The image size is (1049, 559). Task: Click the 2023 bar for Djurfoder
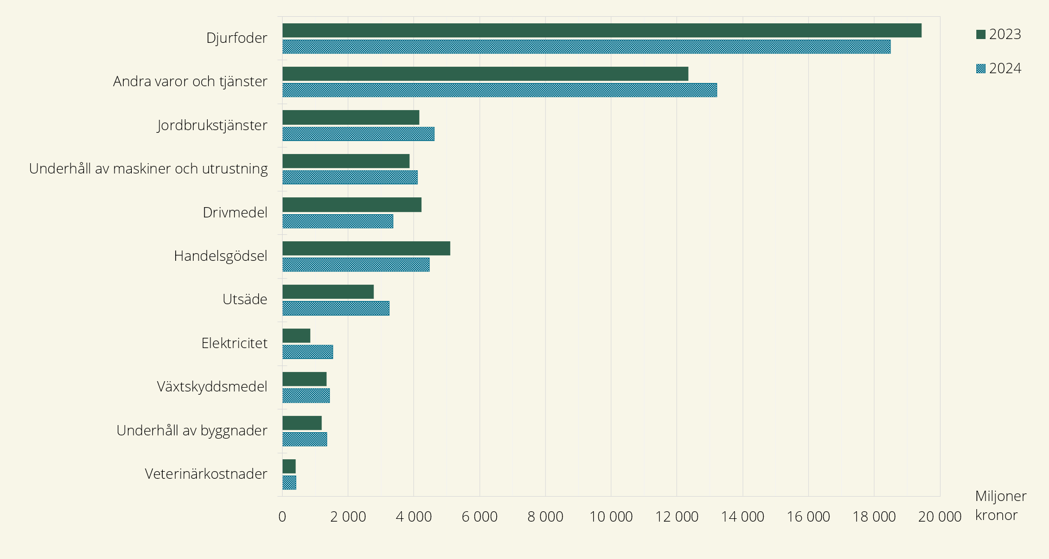pos(602,30)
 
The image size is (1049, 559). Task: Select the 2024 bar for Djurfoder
pos(586,47)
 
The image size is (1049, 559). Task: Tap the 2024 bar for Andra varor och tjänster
pos(500,90)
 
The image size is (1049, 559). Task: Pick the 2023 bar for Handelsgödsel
pos(366,248)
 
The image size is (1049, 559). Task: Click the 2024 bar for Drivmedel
pos(337,221)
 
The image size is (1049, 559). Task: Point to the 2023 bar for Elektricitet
pos(296,336)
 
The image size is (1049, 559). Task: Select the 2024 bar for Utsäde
pos(336,308)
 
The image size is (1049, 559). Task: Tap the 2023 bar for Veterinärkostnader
pos(289,466)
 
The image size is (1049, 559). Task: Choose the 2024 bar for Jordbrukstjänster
pos(358,134)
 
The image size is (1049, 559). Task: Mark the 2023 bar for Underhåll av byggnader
pos(302,423)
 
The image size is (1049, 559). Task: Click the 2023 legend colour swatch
pos(981,35)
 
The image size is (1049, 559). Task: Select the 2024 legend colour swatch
pos(981,69)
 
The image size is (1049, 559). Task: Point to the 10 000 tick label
pos(611,517)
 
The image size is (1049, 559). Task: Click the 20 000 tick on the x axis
pos(939,517)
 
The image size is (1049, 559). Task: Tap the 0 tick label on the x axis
pos(282,517)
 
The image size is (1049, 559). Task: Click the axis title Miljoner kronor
pos(1000,505)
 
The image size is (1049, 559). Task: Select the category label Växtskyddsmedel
pos(212,387)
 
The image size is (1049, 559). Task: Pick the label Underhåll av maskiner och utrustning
pos(148,169)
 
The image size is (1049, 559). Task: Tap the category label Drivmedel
pos(235,213)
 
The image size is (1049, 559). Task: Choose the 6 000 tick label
pos(479,517)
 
